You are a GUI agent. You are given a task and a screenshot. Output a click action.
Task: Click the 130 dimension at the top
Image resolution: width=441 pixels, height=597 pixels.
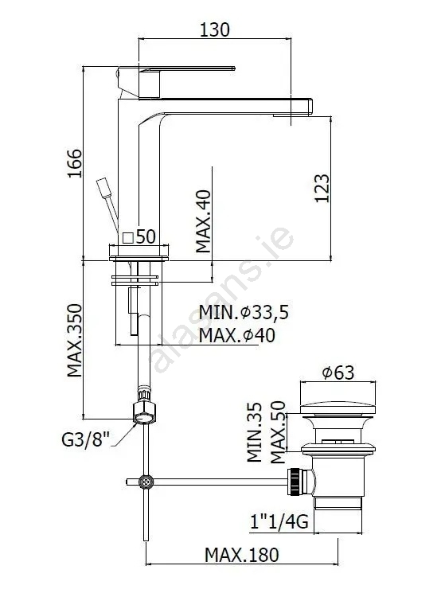pyautogui.click(x=215, y=29)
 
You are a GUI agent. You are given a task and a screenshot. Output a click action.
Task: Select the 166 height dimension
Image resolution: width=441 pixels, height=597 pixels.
pyautogui.click(x=75, y=163)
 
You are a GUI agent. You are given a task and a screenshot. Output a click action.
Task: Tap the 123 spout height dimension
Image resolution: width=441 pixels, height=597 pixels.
pyautogui.click(x=322, y=188)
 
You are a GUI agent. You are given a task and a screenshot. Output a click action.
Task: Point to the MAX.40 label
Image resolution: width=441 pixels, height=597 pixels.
pyautogui.click(x=203, y=221)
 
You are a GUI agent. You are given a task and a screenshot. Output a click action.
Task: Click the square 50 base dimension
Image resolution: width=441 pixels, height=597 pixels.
pyautogui.click(x=139, y=237)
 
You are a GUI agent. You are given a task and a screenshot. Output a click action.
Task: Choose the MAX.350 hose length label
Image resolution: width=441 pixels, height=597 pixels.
pyautogui.click(x=75, y=341)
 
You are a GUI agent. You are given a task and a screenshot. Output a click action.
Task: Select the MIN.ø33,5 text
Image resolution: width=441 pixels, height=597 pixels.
pyautogui.click(x=244, y=313)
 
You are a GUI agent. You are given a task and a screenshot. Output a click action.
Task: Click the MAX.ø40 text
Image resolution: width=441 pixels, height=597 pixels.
pyautogui.click(x=237, y=335)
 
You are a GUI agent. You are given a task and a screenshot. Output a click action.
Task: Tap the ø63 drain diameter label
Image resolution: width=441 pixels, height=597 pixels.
pyautogui.click(x=338, y=373)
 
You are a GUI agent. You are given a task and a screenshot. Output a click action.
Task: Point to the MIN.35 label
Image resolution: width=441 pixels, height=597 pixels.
pyautogui.click(x=255, y=432)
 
